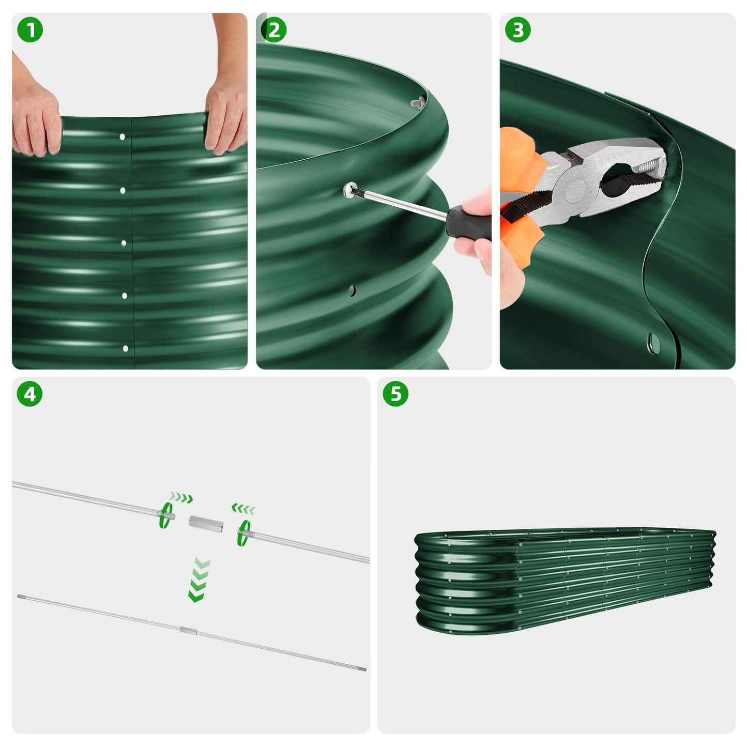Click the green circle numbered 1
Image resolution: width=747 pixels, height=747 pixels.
30,30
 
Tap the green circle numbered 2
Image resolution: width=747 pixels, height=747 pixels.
273,30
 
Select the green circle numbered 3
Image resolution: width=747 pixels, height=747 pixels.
517,30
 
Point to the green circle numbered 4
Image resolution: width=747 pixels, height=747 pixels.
30,394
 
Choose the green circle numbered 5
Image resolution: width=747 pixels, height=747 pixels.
395,394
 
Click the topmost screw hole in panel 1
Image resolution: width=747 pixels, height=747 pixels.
123,137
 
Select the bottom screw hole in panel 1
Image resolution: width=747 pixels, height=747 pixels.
125,349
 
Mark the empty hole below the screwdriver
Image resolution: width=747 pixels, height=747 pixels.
352,290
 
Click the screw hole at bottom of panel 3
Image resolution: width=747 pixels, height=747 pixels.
653,341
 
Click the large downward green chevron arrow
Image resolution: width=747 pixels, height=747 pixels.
199,579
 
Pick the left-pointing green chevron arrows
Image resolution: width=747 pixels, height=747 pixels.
243,509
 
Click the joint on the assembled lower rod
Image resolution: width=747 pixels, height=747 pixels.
189,630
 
